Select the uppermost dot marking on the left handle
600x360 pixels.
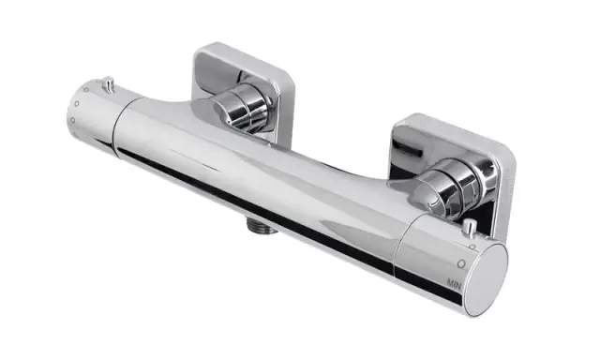(x=87, y=90)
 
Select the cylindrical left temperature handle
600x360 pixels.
(x=94, y=117)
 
